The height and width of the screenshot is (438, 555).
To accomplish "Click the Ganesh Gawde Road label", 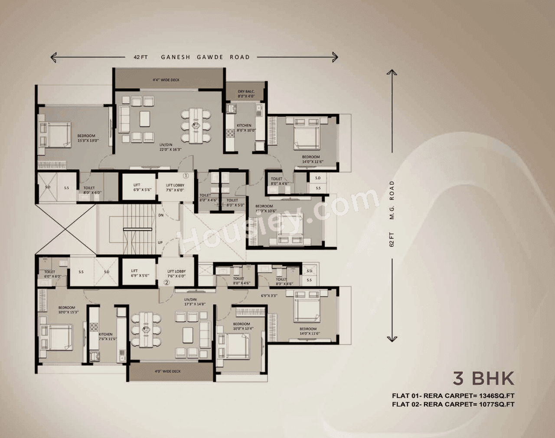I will pos(205,57).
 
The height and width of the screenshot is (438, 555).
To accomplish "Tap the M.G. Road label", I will pos(392,200).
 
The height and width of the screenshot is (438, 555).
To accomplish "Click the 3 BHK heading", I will pos(483,378).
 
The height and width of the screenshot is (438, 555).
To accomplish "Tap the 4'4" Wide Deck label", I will pos(166,80).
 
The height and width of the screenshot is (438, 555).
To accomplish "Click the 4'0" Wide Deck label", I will pos(167,371).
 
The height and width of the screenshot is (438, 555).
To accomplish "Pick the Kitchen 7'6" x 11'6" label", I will pos(105,337).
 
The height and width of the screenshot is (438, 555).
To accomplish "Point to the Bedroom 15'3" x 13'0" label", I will pos(86,138).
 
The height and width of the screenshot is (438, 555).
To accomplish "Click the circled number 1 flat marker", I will pos(185,176).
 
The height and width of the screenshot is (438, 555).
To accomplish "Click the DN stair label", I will pos(161,215).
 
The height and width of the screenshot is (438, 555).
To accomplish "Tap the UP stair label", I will pos(160,242).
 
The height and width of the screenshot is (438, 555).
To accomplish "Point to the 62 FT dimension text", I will pos(392,239).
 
